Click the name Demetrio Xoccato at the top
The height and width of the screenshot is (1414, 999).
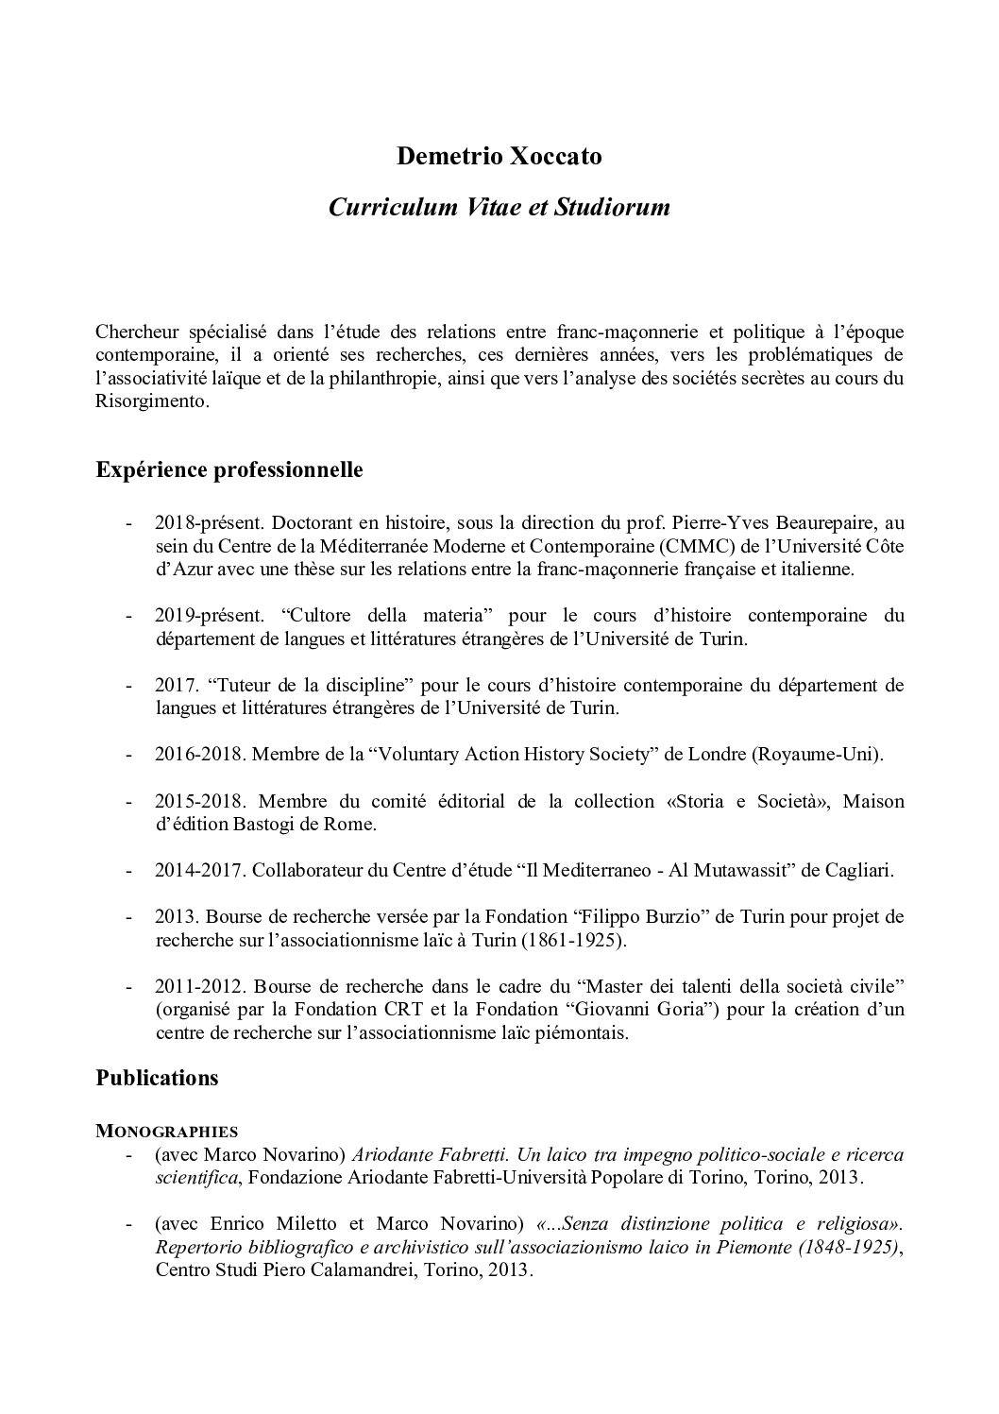tap(499, 157)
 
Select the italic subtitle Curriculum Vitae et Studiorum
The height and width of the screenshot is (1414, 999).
tap(499, 208)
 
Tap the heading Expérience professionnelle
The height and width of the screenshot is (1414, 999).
tap(229, 469)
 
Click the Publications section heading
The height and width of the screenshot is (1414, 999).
tap(157, 1078)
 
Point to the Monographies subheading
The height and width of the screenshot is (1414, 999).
tap(166, 1130)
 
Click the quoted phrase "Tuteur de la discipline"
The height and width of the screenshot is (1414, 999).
tap(284, 685)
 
